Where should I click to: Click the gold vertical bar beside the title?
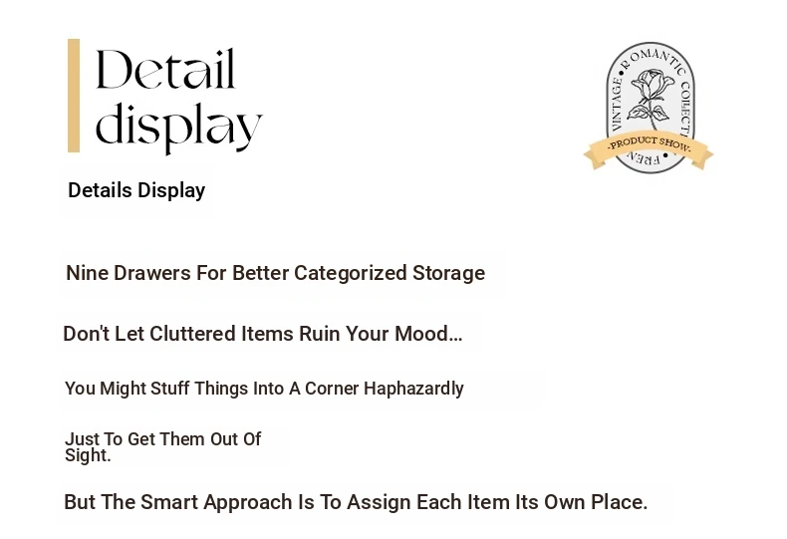pos(74,96)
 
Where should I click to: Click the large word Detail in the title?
pos(165,70)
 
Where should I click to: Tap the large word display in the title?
pos(178,127)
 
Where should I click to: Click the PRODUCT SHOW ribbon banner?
pos(649,150)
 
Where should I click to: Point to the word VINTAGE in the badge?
pos(617,104)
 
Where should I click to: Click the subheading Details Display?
pos(136,190)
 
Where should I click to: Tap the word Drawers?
pos(152,273)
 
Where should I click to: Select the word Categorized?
pos(351,274)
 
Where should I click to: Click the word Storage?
pos(448,274)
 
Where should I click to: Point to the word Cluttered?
pos(192,334)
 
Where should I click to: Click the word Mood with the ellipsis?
pos(428,334)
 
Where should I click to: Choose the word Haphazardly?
pos(413,389)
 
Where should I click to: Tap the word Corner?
pos(332,389)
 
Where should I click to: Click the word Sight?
pos(88,455)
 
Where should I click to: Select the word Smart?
pos(169,502)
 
